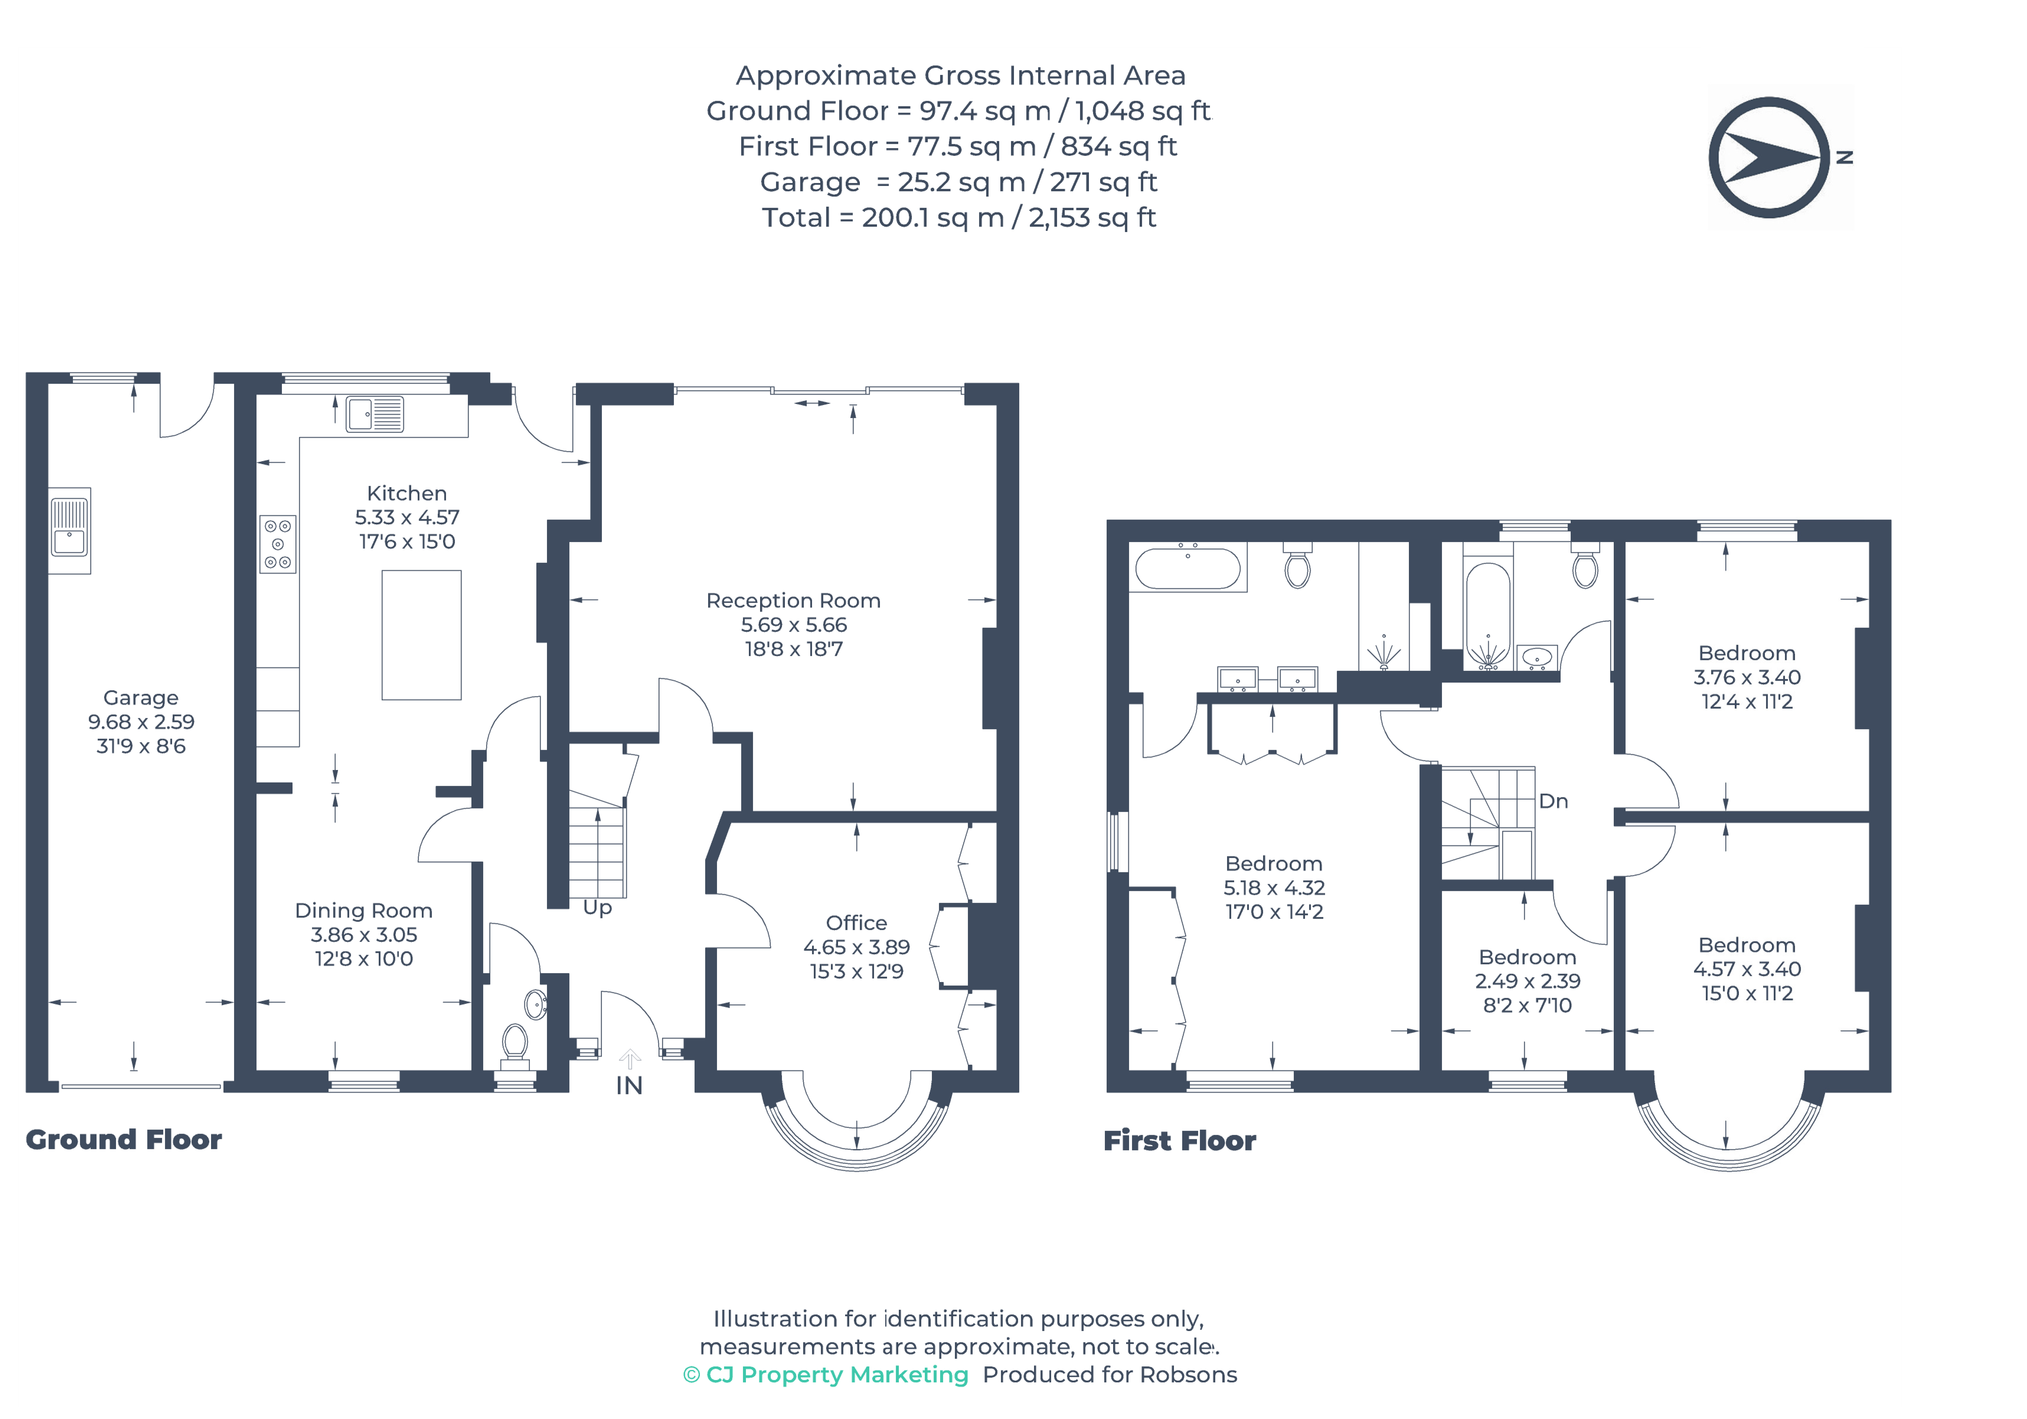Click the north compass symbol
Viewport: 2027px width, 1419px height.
(1769, 157)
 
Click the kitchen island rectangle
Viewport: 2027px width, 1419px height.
(421, 635)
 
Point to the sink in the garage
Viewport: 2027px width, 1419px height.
(69, 530)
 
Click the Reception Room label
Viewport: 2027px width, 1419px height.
(793, 600)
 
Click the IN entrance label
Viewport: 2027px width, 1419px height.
(628, 1085)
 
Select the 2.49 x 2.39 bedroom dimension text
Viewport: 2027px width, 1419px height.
(1527, 981)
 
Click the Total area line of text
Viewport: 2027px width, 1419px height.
(959, 217)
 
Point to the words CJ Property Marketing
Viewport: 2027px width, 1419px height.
(837, 1375)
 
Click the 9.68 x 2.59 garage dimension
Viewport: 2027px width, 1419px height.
(141, 721)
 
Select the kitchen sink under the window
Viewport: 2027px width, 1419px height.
(374, 414)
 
